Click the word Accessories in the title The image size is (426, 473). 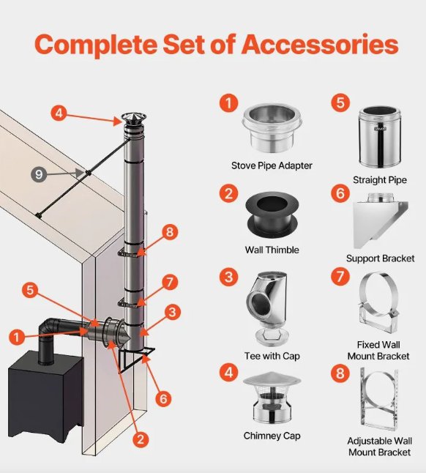320,45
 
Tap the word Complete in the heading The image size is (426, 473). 96,45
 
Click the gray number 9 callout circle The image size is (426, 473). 39,174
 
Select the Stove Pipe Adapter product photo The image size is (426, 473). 272,128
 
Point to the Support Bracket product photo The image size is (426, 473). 381,221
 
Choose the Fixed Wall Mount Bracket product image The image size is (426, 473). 379,303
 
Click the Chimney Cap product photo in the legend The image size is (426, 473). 272,398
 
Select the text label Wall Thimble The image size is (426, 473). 272,250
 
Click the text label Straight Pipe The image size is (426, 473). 380,180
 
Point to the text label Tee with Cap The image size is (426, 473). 272,356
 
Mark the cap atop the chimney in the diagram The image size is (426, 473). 133,120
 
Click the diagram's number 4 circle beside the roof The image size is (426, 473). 59,113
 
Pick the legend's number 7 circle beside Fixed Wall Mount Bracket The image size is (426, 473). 340,276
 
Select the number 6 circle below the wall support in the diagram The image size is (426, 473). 163,399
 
